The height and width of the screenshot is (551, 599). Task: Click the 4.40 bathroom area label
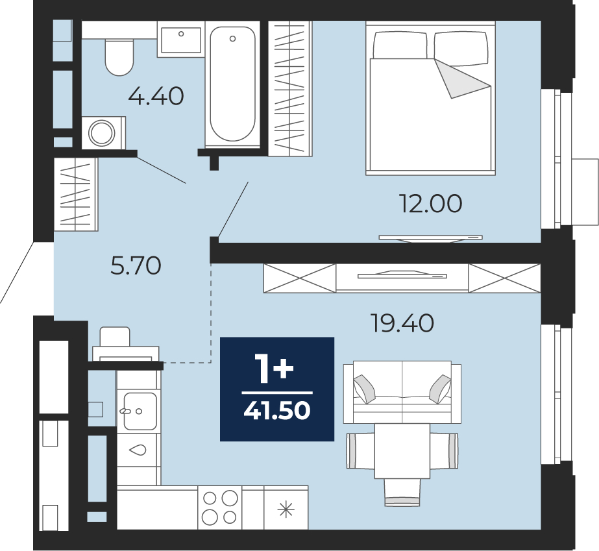coord(156,96)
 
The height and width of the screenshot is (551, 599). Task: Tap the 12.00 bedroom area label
coord(430,203)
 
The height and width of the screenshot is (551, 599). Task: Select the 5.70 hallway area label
coord(136,265)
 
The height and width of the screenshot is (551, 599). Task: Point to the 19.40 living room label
coord(402,323)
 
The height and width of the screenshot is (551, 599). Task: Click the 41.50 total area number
coord(277,411)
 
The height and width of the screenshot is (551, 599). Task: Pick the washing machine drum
coord(102,133)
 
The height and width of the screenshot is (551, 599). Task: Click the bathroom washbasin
coord(181,40)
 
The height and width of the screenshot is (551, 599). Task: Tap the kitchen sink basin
coord(140,411)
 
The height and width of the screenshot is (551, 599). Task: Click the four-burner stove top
coord(219,507)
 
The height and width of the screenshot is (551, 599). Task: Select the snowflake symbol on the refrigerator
coord(286,509)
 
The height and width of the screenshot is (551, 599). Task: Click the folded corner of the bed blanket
coord(461,79)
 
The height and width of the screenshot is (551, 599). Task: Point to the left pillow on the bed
coord(400,45)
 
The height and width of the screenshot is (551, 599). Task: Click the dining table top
coord(402,451)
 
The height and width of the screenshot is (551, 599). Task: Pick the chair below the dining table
coord(402,493)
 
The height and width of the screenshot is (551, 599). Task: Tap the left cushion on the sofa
coord(365,389)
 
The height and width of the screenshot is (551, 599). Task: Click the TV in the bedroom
coord(430,238)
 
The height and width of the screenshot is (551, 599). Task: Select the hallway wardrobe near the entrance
coord(76,194)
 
